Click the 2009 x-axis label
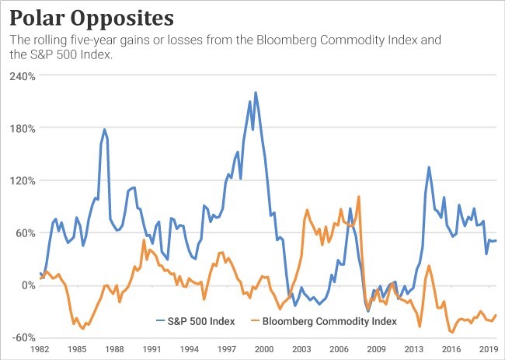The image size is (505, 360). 376,350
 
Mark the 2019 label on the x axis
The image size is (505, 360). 489,350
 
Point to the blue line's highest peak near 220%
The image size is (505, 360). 256,93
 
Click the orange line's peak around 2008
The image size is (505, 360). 359,197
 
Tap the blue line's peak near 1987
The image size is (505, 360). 104,130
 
